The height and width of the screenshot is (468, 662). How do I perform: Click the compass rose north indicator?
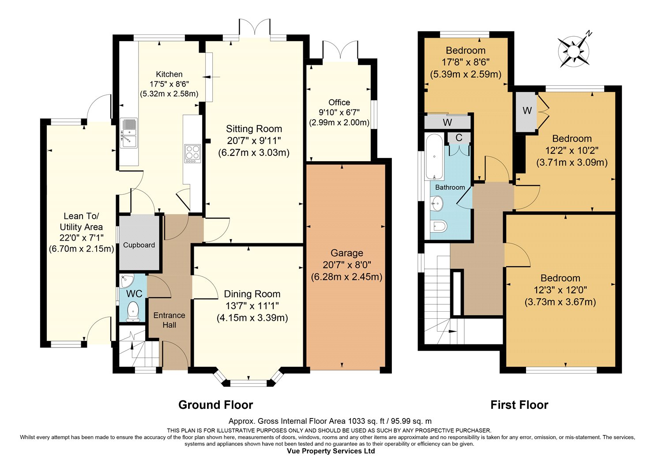(x=574, y=53)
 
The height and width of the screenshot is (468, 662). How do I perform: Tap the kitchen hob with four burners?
(x=192, y=154)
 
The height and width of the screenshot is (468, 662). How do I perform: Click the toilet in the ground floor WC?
(x=133, y=311)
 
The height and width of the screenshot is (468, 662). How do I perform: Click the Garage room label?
(x=346, y=253)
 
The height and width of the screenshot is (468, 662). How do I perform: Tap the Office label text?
(x=339, y=102)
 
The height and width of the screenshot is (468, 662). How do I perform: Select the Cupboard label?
(x=139, y=245)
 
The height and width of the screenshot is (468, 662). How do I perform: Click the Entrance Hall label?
(x=169, y=320)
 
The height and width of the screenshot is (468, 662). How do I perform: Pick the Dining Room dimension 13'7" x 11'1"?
(x=252, y=306)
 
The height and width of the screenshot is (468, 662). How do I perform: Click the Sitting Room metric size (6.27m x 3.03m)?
(x=254, y=153)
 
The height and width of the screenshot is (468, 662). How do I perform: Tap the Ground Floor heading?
(x=216, y=405)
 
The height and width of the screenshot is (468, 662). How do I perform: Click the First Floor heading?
(x=519, y=405)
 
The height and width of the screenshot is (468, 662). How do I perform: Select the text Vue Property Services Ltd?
(x=331, y=451)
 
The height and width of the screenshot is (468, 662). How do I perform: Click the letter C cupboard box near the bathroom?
(x=459, y=137)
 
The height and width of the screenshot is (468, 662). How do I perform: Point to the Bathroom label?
(x=450, y=187)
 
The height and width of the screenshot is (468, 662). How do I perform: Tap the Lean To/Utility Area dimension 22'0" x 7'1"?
(x=81, y=238)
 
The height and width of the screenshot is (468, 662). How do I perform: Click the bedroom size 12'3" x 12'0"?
(x=560, y=290)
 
